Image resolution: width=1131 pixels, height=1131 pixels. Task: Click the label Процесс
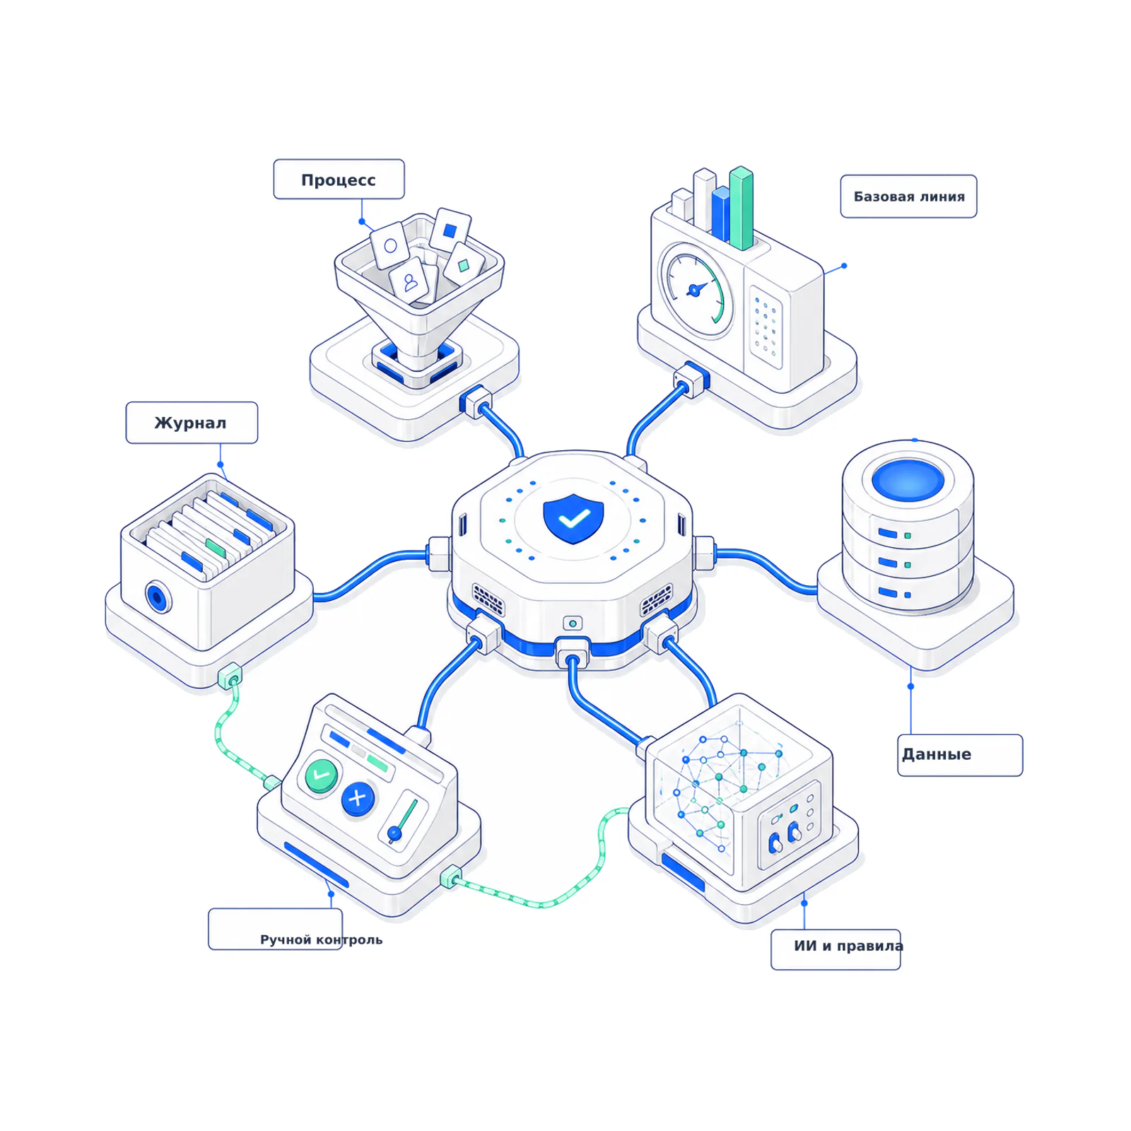tap(339, 180)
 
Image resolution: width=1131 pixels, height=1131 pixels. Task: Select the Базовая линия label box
tap(908, 197)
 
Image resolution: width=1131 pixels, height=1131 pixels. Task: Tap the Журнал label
tap(192, 423)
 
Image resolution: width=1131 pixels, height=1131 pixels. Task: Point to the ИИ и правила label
tap(848, 946)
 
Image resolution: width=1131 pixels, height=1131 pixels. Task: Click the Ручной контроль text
tap(321, 939)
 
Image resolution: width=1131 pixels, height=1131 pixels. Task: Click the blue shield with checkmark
tap(573, 518)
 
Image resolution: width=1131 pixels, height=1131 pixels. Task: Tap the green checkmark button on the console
tap(322, 775)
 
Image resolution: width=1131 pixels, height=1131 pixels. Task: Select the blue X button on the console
tap(358, 799)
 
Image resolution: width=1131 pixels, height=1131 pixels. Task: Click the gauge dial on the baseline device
tap(696, 290)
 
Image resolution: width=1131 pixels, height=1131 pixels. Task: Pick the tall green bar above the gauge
tap(741, 208)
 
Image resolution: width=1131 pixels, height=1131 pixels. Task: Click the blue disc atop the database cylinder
tap(908, 479)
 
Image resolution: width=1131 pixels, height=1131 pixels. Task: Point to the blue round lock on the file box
tap(158, 597)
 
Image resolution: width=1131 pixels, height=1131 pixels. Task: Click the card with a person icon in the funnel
tap(409, 281)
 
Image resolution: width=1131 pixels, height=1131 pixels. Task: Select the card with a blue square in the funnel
tap(450, 230)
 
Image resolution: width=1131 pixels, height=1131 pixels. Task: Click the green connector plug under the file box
tap(230, 676)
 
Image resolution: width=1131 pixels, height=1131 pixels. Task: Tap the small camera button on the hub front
tap(573, 623)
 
